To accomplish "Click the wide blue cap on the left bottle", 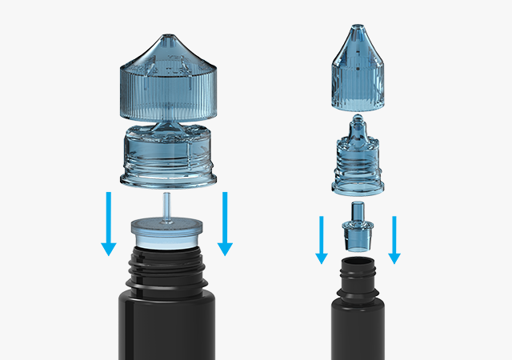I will [x=167, y=80].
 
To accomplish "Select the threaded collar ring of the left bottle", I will [x=167, y=160].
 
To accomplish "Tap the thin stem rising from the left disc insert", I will [x=167, y=205].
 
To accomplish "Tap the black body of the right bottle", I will [x=357, y=328].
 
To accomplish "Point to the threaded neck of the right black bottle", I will [x=357, y=277].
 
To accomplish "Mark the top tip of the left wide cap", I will [x=167, y=38].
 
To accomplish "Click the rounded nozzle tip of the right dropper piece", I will [x=357, y=119].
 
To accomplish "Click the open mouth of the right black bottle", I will [x=357, y=260].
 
